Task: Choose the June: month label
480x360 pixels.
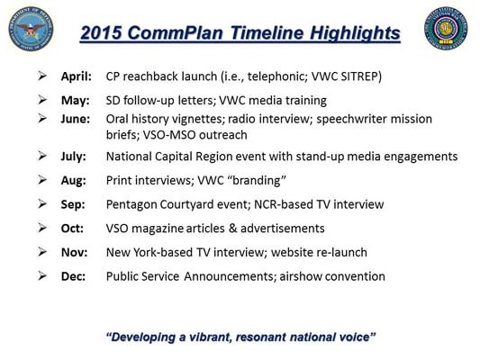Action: coord(76,118)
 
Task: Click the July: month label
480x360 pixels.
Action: coord(75,156)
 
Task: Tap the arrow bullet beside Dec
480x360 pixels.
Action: coord(42,277)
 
